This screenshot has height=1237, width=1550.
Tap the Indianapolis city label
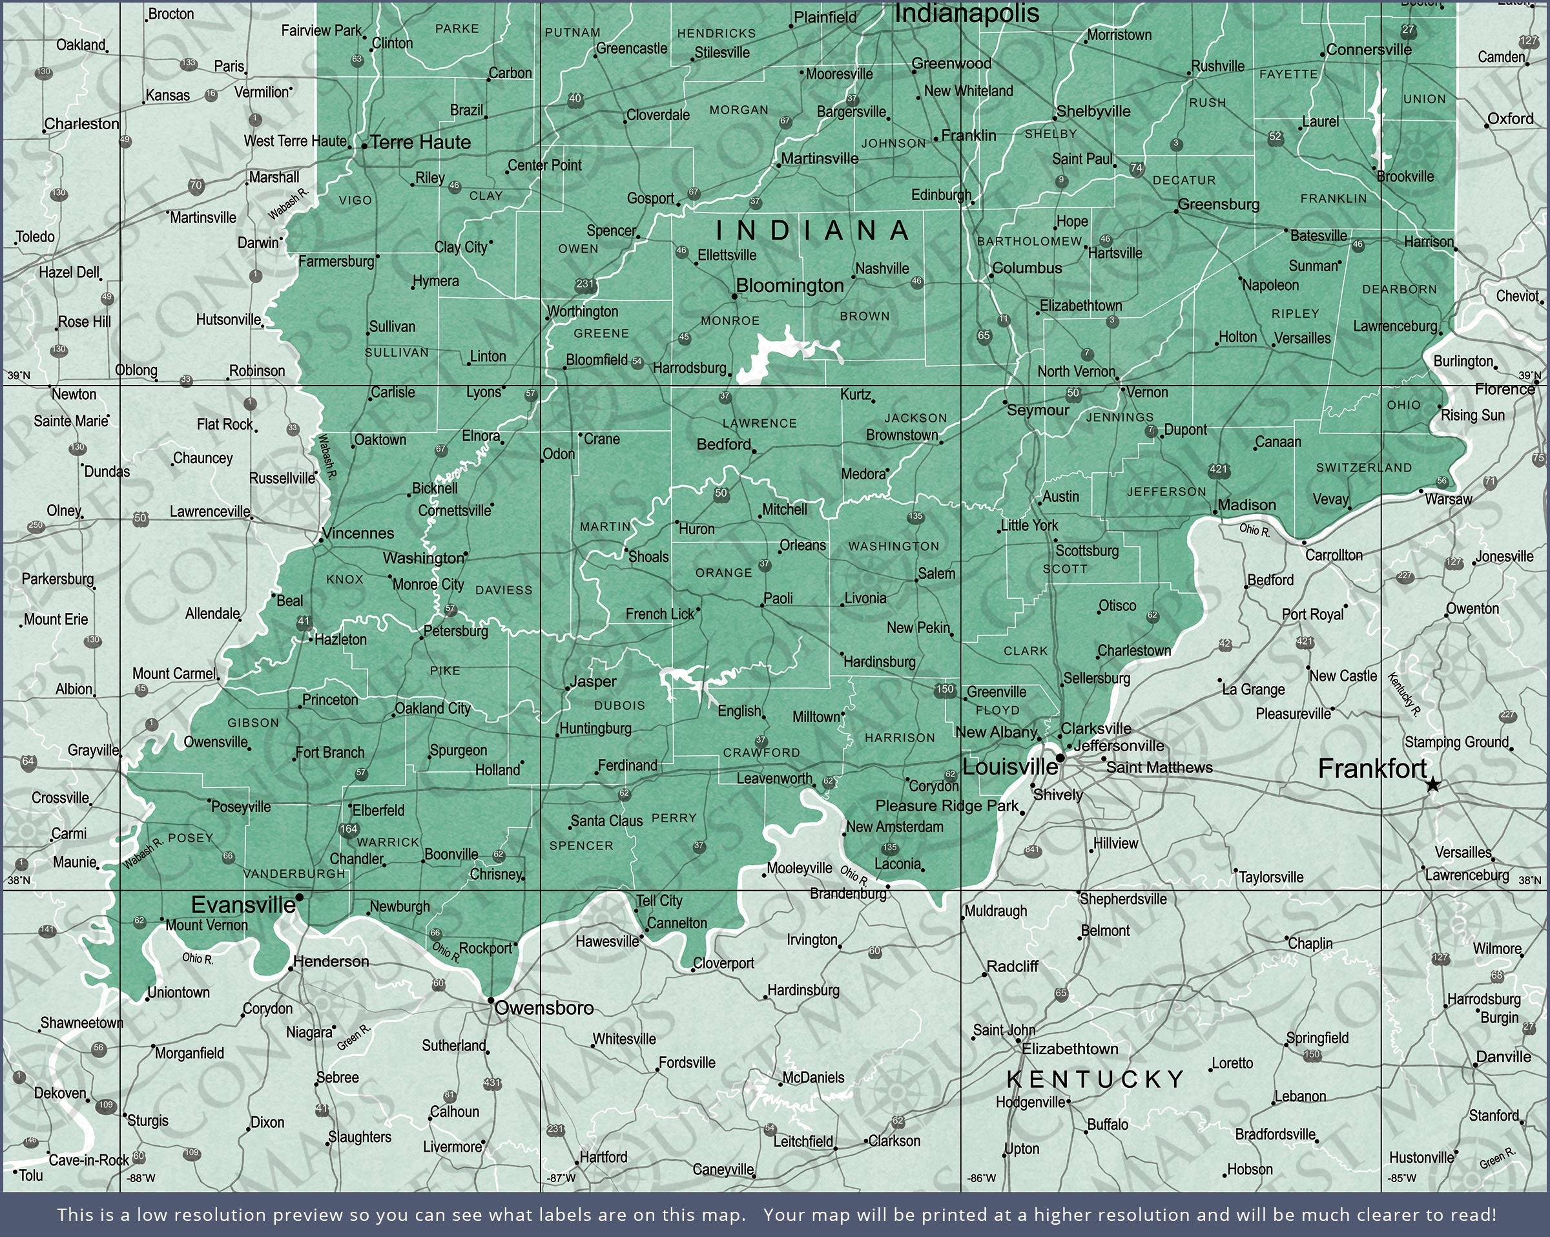click(x=966, y=13)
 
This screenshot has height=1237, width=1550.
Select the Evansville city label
click(x=243, y=905)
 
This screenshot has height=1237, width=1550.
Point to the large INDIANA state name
click(x=813, y=230)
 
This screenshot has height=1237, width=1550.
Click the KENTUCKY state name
click(x=1095, y=1079)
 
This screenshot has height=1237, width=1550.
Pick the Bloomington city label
click(x=789, y=286)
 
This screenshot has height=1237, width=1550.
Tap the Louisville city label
click(x=1009, y=767)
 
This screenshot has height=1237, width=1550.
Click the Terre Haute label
click(x=420, y=142)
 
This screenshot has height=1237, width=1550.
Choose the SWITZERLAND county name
click(x=1364, y=468)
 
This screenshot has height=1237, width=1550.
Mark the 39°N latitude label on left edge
click(x=19, y=375)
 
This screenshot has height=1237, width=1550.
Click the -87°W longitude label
click(x=561, y=1178)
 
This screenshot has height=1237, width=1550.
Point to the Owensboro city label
click(x=544, y=1008)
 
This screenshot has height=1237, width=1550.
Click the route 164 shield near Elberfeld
click(x=349, y=829)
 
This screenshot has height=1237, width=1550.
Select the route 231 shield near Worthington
click(x=585, y=284)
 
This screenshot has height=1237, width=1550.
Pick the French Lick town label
click(x=660, y=614)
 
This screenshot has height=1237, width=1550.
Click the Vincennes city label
click(x=358, y=533)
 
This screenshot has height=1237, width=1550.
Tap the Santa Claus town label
click(x=606, y=820)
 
